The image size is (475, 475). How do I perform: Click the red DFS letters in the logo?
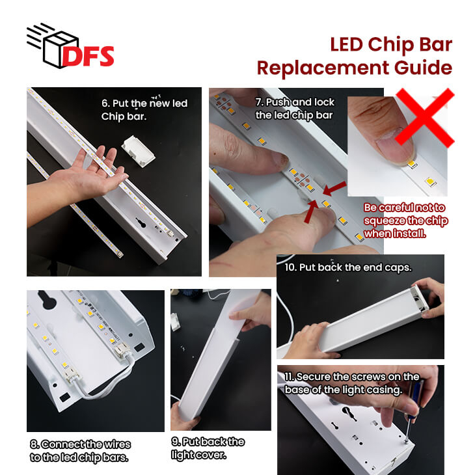pos(88,56)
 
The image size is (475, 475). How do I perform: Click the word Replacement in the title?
pos(323,68)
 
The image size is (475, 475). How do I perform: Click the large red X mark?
pos(425,118)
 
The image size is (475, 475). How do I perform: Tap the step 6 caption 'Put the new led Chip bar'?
pos(144,109)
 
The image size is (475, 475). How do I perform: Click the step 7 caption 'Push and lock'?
pos(295,102)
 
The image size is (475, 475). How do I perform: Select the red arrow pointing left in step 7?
pos(334,189)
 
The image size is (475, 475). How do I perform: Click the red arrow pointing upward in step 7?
pos(311,211)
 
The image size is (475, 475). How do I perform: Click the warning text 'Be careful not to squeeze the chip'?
pos(405,214)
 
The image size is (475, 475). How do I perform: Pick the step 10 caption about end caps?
pos(348,267)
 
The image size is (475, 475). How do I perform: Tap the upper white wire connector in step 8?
pos(123,351)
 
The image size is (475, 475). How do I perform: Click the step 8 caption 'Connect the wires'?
pos(80,444)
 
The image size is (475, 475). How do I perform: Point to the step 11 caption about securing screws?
pos(352,383)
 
